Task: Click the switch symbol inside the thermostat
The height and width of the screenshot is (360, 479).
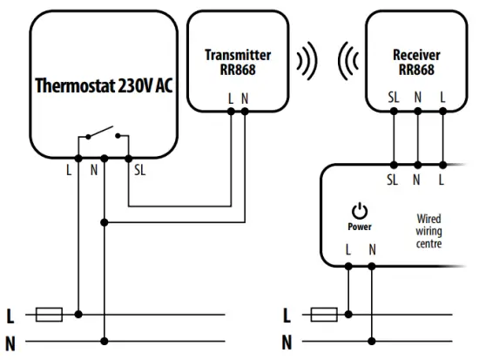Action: click(104, 137)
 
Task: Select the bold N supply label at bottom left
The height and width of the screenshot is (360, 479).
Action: click(11, 342)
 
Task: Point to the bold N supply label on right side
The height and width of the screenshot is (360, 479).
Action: click(288, 342)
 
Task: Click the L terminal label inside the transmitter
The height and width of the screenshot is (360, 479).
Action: click(230, 98)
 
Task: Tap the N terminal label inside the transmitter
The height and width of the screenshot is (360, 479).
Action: click(245, 98)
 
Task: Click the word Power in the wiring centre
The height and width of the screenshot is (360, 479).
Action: click(359, 227)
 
